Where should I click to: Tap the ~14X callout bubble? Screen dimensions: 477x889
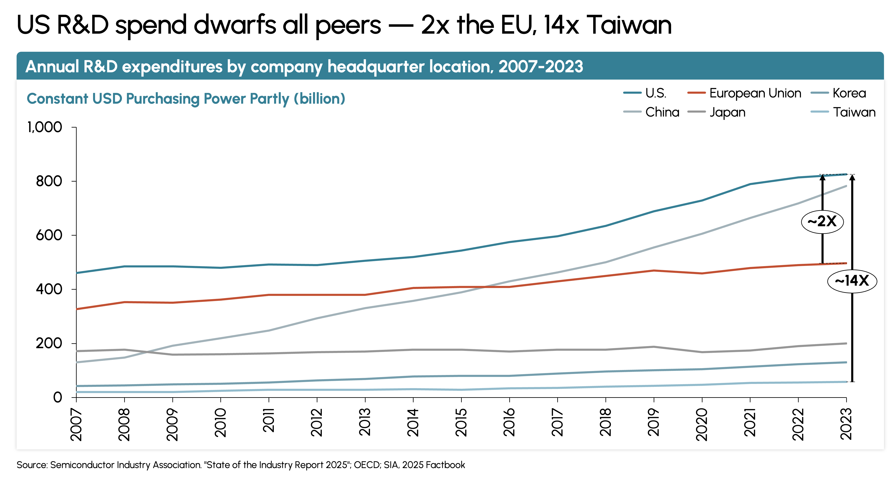(x=852, y=281)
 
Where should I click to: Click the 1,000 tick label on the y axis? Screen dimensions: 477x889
(x=45, y=127)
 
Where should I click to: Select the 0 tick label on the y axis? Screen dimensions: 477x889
(x=58, y=397)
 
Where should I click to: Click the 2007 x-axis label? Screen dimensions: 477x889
(x=76, y=424)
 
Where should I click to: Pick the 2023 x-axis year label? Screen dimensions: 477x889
(x=846, y=424)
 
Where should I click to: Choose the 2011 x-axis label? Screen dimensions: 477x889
(x=269, y=420)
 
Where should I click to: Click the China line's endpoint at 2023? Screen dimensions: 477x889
(x=846, y=186)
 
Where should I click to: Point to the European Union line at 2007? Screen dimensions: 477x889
(x=77, y=309)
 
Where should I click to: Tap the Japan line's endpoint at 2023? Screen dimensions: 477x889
(x=846, y=343)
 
